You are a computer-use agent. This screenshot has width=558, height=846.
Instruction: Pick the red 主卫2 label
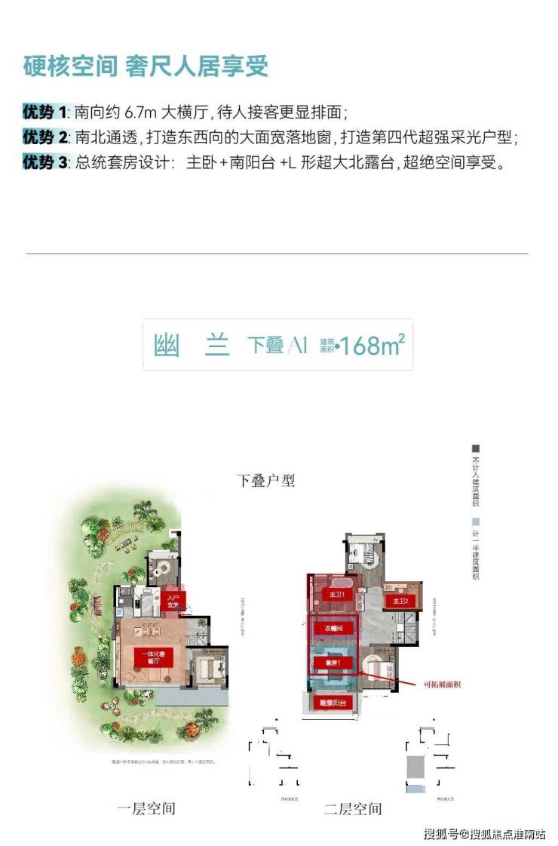[x=400, y=601]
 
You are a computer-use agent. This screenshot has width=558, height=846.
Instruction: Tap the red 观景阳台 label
[x=333, y=703]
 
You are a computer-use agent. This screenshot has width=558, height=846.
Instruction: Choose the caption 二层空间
[x=352, y=808]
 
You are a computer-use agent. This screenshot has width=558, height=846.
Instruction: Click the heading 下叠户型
[x=265, y=481]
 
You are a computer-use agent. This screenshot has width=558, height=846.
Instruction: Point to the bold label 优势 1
[x=44, y=113]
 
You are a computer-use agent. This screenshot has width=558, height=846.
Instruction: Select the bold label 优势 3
[x=44, y=162]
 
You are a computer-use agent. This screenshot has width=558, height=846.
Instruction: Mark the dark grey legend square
[x=476, y=448]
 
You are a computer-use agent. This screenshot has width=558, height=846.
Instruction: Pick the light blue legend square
[x=476, y=521]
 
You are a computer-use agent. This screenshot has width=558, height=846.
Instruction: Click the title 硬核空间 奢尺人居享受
[x=146, y=67]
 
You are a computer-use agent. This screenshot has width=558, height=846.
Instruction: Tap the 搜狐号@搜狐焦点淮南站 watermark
[x=483, y=833]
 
